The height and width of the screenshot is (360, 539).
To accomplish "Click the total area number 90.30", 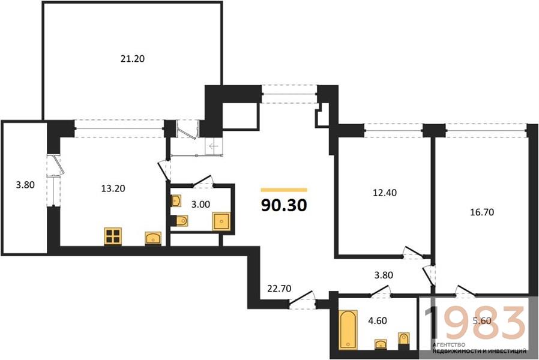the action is tap(284, 205).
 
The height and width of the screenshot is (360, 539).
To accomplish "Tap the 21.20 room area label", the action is tap(132, 59).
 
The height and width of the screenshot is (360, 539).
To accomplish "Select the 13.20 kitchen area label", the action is tap(113, 188).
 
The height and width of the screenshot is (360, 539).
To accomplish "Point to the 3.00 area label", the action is tap(200, 205).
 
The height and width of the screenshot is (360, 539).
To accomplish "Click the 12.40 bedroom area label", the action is tap(385, 193).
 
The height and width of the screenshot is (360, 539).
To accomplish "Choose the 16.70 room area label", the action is tap(482, 212).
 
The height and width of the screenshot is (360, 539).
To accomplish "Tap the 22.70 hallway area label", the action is tap(279, 288).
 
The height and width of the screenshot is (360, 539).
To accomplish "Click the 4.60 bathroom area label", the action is tap(378, 320).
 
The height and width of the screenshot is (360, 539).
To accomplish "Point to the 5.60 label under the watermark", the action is tap(482, 321).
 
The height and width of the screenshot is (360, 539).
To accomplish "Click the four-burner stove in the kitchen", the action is tap(113, 236).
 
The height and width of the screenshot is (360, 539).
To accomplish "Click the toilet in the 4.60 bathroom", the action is tap(403, 340).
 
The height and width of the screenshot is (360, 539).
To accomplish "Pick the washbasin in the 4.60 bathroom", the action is tap(380, 344).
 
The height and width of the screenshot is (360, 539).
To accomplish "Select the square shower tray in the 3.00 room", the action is tap(221, 221).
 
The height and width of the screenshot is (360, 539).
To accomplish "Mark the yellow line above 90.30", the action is tap(284, 190).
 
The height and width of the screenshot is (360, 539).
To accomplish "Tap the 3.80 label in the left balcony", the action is tap(25, 185).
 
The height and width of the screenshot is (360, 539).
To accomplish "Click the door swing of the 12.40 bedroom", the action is tap(413, 252).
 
